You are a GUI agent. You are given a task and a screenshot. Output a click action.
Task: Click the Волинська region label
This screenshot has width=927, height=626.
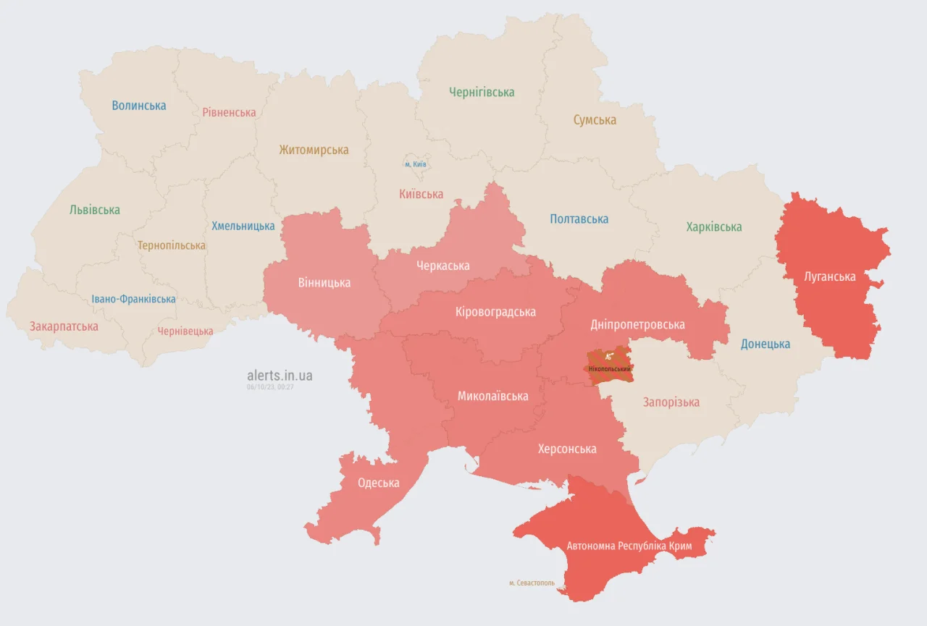(139, 106)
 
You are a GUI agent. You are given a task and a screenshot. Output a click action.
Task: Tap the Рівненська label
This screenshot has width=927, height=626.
(229, 113)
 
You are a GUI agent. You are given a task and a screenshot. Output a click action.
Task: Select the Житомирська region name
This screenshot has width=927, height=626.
(314, 151)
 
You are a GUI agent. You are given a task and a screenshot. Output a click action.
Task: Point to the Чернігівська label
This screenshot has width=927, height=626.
(482, 92)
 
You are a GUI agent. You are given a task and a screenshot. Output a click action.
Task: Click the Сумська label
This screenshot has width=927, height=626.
(595, 120)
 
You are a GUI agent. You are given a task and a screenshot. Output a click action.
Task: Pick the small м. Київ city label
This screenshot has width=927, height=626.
(416, 164)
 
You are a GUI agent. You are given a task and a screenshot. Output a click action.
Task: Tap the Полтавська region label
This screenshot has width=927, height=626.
(579, 219)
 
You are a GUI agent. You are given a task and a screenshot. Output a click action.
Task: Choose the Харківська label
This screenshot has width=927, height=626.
(714, 227)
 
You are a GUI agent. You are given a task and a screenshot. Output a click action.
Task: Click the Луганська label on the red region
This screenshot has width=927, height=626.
(829, 276)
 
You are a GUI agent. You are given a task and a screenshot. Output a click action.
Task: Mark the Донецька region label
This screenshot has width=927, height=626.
(765, 344)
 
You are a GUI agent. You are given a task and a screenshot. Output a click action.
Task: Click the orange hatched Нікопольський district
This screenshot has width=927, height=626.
(609, 364)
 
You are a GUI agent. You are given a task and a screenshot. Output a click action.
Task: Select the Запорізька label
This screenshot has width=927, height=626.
(671, 402)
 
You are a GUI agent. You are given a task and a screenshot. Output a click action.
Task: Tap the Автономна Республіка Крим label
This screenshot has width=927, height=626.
(629, 546)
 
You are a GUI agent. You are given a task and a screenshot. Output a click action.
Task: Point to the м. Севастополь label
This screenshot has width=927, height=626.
(532, 583)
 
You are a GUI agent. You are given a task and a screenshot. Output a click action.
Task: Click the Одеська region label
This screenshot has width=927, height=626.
(378, 483)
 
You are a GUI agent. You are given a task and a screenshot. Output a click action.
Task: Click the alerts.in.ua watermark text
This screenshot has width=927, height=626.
(280, 376)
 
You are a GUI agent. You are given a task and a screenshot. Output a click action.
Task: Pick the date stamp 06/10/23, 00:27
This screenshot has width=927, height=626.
(270, 387)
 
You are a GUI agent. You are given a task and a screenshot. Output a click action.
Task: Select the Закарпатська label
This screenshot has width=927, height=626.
(64, 326)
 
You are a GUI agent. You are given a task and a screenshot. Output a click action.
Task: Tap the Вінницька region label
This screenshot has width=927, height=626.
(324, 282)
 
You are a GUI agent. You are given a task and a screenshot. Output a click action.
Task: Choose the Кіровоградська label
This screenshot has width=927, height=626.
(495, 312)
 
